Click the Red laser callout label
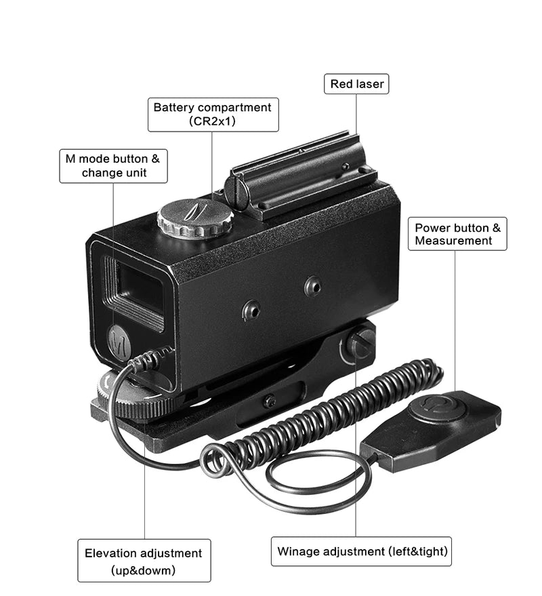pos(357,85)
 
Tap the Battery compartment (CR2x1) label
pos(213,115)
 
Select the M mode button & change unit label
pos(113,166)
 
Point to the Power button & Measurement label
pos(458,234)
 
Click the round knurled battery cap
pos(195,218)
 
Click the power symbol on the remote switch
pos(428,406)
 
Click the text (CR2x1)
pos(213,122)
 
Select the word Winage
pos(298,551)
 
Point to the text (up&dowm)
pos(144,570)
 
